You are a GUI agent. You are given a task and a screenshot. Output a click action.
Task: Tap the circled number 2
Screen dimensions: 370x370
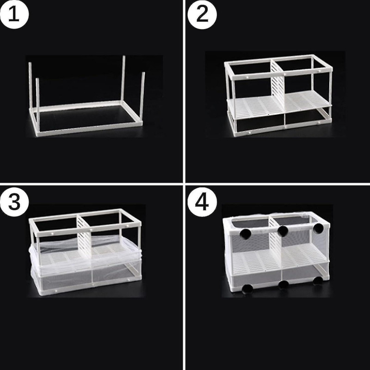[202, 14]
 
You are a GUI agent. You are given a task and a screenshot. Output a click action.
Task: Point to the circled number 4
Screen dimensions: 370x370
[202, 202]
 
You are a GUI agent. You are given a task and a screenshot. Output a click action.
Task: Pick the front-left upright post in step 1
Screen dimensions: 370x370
[37, 106]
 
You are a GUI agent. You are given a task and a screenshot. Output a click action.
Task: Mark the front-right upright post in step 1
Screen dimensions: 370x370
[143, 99]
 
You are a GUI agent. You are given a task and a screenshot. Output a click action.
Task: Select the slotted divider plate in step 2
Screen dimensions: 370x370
[277, 90]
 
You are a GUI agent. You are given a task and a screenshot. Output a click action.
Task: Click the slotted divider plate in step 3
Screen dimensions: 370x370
[83, 236]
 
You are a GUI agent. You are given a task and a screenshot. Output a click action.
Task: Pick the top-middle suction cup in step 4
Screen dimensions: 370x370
[282, 230]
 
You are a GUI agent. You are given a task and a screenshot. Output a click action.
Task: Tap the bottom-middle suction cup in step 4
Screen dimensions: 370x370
[283, 284]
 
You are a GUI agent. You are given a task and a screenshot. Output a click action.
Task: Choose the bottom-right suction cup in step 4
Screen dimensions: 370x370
[317, 280]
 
